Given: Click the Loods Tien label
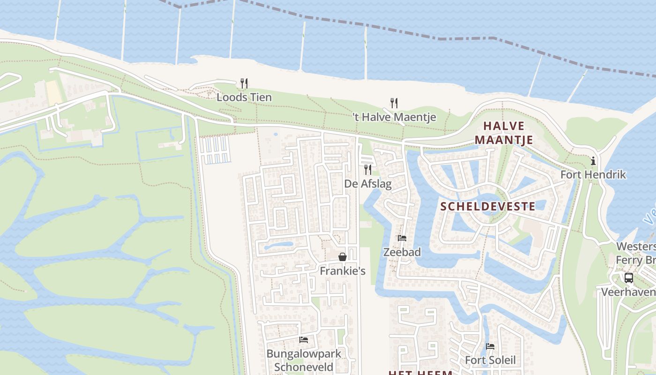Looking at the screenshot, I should pos(244,97).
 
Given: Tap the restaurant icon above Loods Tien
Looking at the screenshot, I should pos(244,83).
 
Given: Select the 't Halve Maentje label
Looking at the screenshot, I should pos(394,117).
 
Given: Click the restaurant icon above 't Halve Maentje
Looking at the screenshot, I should pos(394,103).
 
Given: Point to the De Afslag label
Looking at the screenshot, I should pos(368,184).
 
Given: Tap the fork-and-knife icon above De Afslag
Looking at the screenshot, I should pos(368,169).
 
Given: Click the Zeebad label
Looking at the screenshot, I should pos(402,252).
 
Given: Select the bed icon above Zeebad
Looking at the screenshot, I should pos(402,238).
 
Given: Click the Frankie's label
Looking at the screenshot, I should pos(343,271).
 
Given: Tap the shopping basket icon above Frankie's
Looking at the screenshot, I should pos(343,257).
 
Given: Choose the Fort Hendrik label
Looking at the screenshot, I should pos(593,175).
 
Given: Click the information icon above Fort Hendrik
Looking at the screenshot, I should pos(593,161).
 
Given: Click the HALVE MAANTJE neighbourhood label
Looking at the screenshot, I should pos(504,133).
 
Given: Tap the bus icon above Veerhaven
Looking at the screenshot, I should pos(629,278).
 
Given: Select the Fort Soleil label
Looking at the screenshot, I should pos(490,360).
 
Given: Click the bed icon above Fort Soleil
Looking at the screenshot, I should pos(490,346).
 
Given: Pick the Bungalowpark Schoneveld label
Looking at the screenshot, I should pos(304,360).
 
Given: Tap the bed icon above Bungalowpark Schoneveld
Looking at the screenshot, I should pos(304,340).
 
